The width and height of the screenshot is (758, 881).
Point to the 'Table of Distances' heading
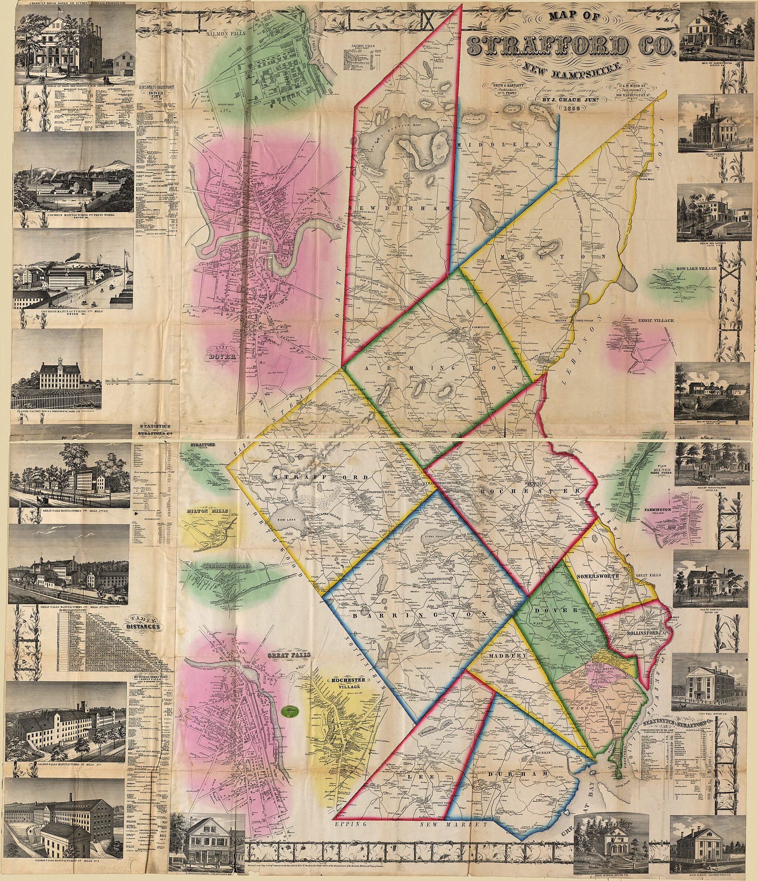coord(141,625)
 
